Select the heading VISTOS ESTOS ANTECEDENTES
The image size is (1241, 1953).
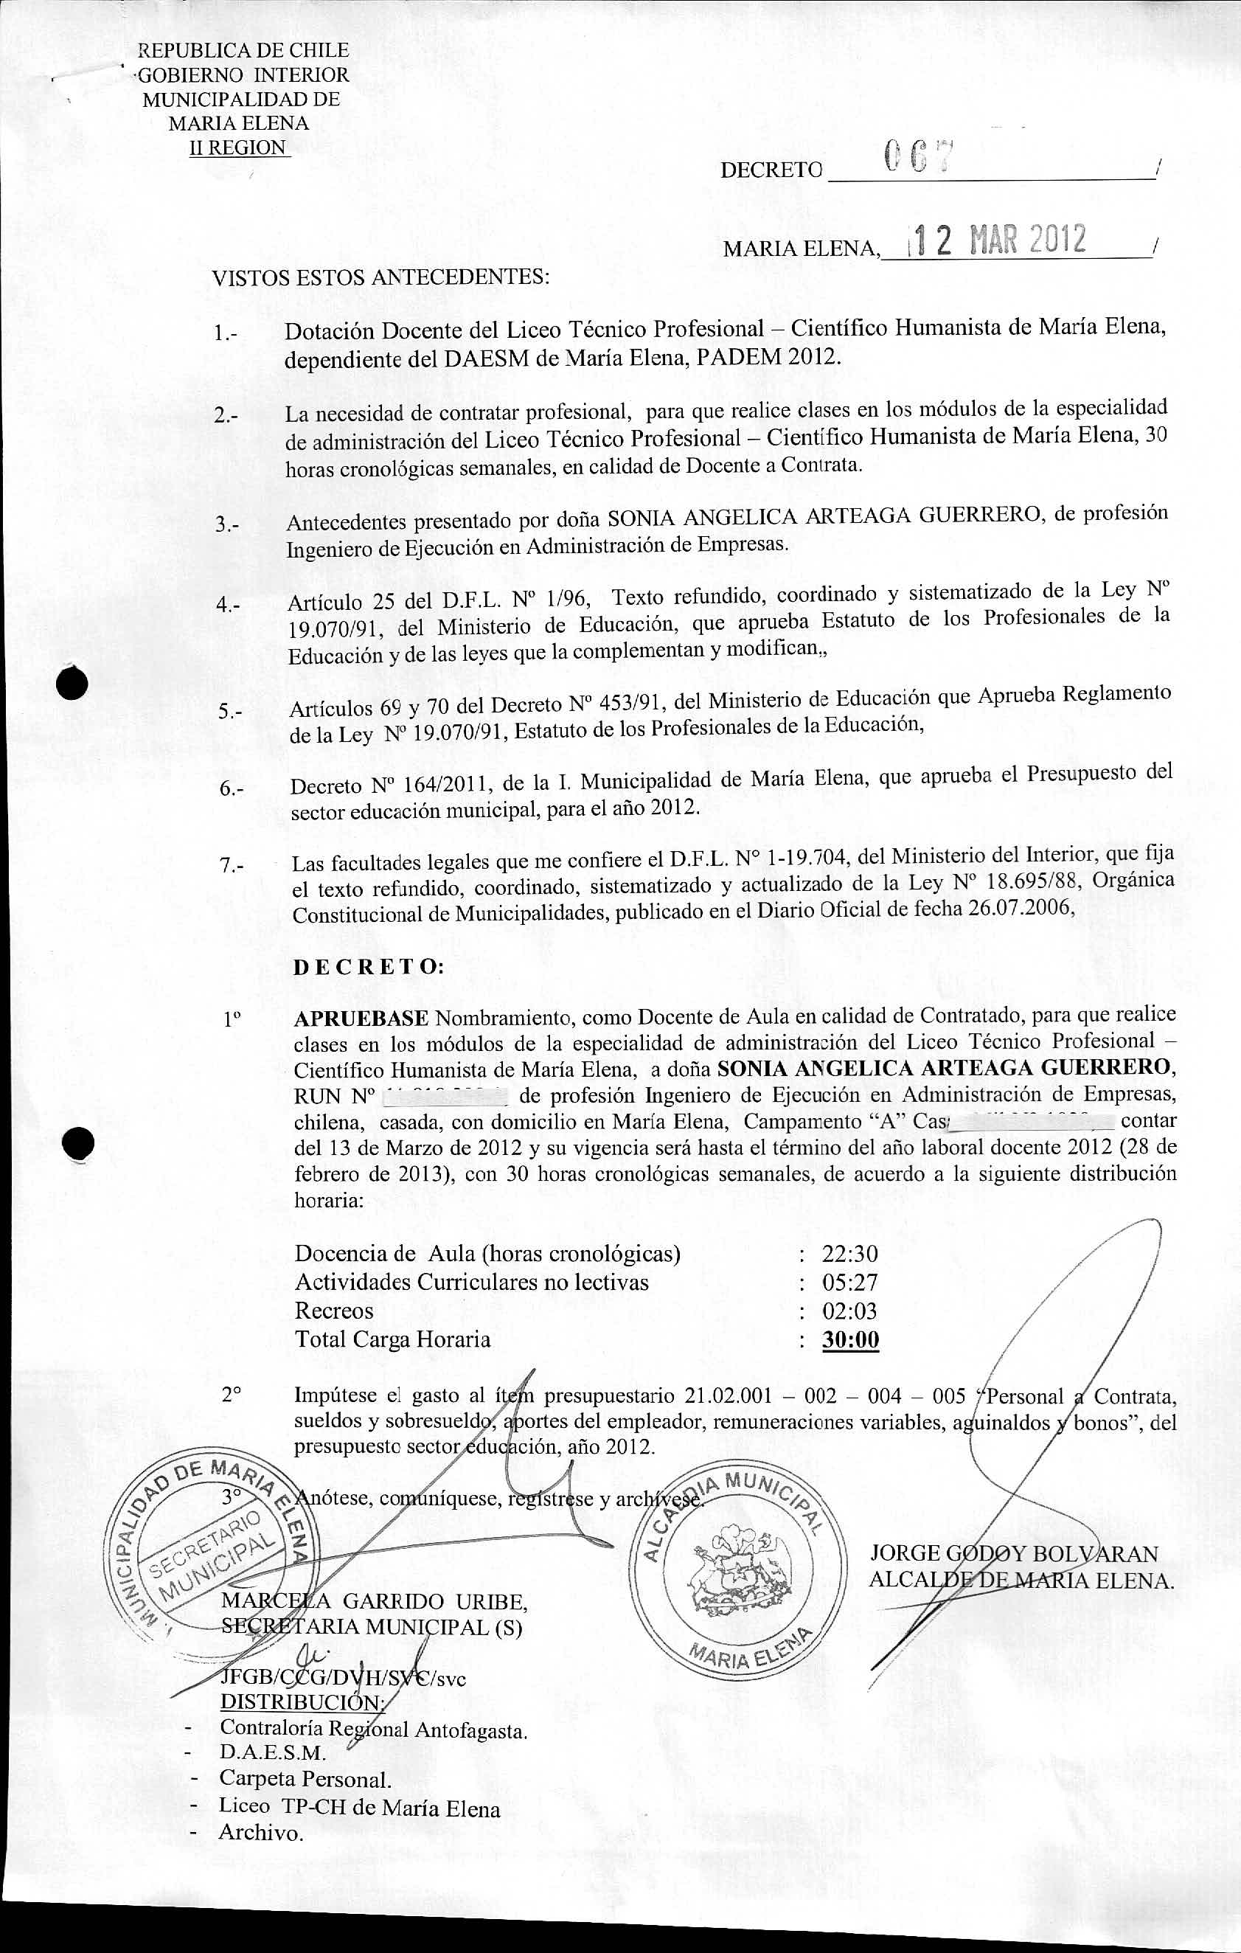(381, 277)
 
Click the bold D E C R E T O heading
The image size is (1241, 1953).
(368, 967)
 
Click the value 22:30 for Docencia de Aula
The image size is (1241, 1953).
(849, 1254)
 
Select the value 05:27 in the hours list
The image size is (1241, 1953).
(849, 1283)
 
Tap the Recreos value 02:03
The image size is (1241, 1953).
(849, 1311)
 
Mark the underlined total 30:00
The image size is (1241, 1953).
(850, 1340)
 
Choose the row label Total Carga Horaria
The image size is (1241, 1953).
(392, 1339)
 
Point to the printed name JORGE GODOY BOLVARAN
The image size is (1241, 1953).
(1014, 1553)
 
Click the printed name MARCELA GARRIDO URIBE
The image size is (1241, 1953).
(375, 1601)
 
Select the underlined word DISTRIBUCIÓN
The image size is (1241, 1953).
(303, 1679)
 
